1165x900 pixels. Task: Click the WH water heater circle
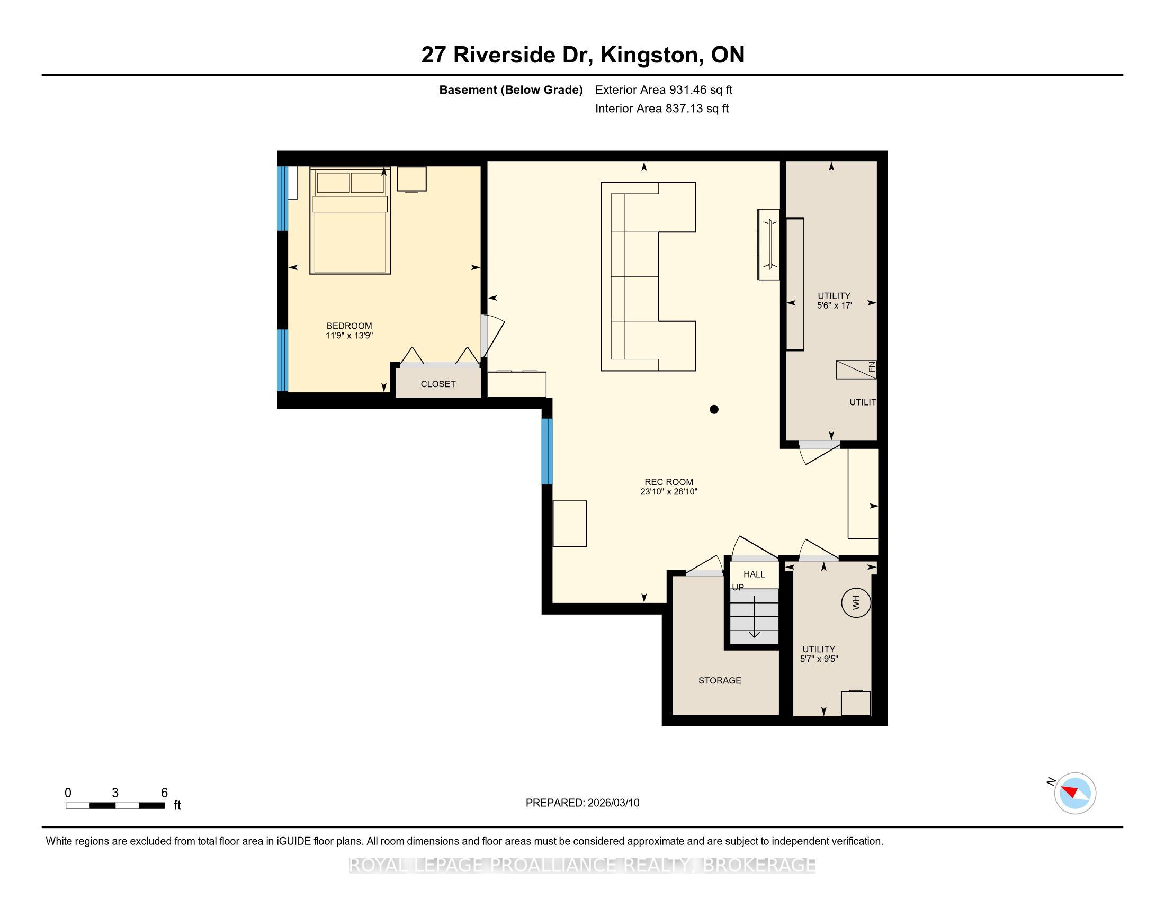[856, 603]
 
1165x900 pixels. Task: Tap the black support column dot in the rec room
[714, 409]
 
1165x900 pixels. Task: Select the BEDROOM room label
[349, 326]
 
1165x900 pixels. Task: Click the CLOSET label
[438, 384]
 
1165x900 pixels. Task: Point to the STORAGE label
[720, 680]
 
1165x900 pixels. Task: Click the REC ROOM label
[669, 482]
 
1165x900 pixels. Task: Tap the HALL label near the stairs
[754, 574]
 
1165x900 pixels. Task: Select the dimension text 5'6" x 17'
[834, 305]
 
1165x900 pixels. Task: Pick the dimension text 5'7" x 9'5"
[819, 659]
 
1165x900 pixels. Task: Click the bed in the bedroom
[350, 221]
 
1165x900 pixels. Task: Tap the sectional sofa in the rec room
[648, 276]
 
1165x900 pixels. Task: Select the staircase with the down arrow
[754, 616]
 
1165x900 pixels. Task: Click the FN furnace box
[856, 370]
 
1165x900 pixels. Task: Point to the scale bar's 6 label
[164, 793]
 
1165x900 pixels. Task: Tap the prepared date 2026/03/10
[613, 803]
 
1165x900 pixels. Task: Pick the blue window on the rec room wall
[547, 451]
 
